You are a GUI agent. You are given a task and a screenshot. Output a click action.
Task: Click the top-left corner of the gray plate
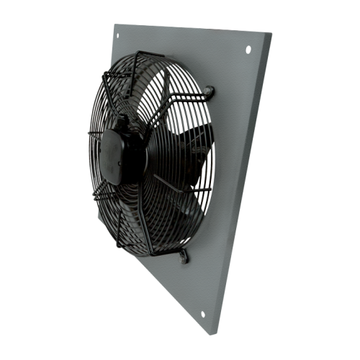113,22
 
